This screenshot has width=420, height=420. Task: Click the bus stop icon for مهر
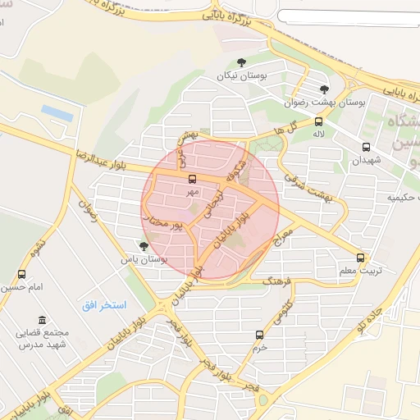click(193, 179)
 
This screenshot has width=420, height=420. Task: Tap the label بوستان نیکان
click(243, 75)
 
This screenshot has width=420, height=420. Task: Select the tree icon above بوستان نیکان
click(241, 62)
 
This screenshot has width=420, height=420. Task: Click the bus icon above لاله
click(318, 121)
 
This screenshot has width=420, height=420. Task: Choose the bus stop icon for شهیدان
click(366, 148)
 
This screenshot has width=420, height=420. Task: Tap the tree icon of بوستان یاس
click(144, 245)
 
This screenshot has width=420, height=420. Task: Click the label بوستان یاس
click(144, 258)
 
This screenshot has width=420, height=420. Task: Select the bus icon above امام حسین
click(21, 275)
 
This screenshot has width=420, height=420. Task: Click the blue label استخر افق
click(103, 305)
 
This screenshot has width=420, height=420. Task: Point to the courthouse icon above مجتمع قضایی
click(41, 320)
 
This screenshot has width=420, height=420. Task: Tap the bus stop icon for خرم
click(259, 335)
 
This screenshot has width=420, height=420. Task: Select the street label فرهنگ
click(277, 281)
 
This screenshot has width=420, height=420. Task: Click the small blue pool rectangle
click(55, 111)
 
